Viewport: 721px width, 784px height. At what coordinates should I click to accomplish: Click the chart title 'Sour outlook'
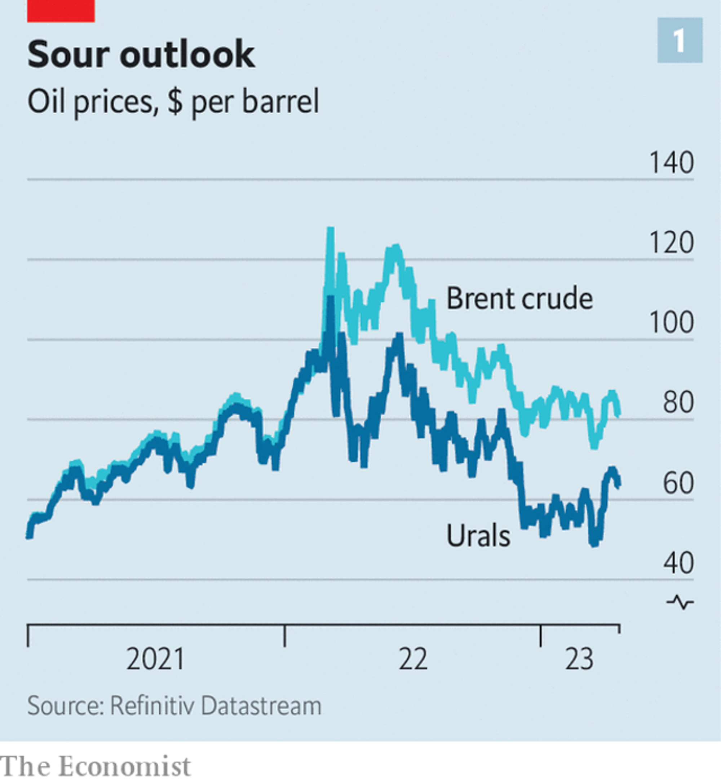pos(141,54)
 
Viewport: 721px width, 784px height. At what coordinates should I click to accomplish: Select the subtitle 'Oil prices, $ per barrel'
pos(173,101)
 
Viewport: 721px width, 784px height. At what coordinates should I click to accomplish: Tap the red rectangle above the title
pos(61,11)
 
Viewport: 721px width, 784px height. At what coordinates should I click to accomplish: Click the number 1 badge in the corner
pos(680,40)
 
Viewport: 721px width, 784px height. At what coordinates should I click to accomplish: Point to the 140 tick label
pos(671,163)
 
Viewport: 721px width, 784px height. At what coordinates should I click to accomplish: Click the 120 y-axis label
pos(671,243)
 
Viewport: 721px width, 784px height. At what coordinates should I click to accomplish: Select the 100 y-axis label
pos(671,323)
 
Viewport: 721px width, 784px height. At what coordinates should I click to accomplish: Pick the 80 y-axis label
pos(678,403)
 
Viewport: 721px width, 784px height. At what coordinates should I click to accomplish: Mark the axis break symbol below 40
pos(680,603)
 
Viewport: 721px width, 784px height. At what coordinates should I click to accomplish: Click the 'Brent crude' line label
pos(519,298)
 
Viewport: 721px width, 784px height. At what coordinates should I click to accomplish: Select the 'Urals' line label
pos(478,536)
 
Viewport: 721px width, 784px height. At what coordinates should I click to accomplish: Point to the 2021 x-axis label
pos(155,659)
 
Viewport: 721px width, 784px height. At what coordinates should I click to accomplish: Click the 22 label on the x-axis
pos(413,659)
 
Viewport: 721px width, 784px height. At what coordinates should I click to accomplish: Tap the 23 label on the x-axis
pos(579,659)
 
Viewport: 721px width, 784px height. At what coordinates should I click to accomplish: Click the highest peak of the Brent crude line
pos(331,229)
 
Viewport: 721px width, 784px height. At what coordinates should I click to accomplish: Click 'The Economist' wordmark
pos(96,766)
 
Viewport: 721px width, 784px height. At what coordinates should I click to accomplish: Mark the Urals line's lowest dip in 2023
pos(594,543)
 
